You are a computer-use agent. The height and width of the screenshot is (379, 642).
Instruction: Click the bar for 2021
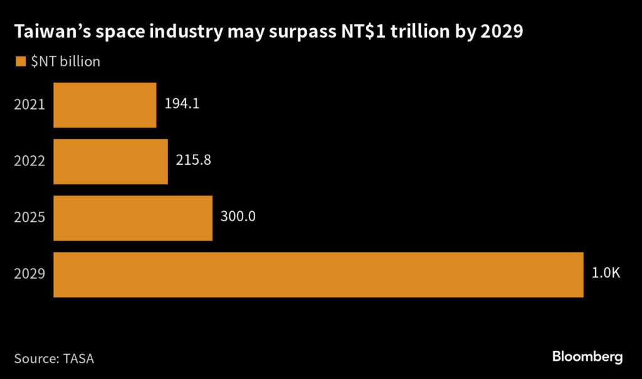(105, 105)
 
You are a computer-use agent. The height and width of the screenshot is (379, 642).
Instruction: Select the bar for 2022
(110, 161)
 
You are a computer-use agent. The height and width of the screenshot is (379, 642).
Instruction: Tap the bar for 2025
(133, 217)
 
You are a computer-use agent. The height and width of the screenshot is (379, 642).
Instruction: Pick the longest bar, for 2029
(318, 274)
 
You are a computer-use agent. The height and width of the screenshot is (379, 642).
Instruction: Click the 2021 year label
(29, 105)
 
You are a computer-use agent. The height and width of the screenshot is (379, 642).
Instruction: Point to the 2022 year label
(29, 161)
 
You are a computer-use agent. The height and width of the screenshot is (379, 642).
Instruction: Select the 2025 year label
(29, 217)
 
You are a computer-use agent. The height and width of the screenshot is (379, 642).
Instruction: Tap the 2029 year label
(29, 274)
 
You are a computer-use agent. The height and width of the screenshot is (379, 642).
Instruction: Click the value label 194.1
(182, 104)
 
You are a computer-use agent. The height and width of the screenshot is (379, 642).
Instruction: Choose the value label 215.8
(193, 160)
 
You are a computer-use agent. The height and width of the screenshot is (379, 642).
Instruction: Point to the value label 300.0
(238, 217)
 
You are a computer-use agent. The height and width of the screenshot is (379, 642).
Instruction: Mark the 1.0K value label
(606, 273)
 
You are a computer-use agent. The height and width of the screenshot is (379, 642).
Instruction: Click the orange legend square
(19, 61)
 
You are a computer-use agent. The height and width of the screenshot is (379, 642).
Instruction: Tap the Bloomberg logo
(587, 357)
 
